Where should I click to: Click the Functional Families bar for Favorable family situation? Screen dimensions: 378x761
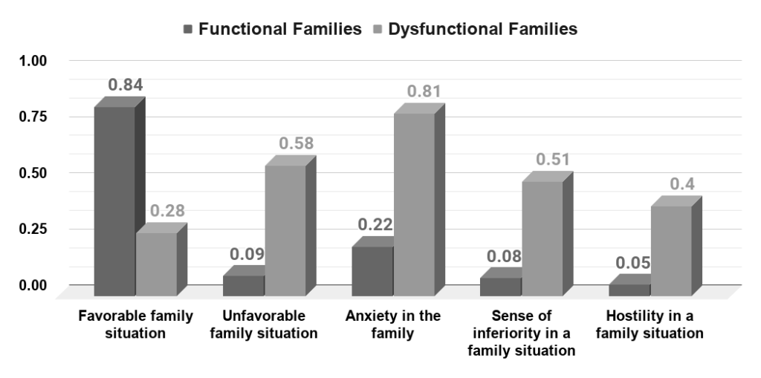tap(114, 201)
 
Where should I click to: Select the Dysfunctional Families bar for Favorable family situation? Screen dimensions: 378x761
tap(156, 264)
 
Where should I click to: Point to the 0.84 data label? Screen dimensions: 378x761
tap(126, 85)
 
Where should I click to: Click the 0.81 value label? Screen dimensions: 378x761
tap(424, 92)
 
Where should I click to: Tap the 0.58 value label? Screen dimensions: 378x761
tap(295, 143)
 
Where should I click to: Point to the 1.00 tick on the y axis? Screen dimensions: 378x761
tap(33, 61)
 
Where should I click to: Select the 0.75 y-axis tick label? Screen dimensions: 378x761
tap(33, 117)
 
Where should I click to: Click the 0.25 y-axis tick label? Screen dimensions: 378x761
tap(33, 229)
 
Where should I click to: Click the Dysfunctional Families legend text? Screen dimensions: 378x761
tap(482, 30)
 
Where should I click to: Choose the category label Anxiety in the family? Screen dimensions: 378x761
tap(393, 325)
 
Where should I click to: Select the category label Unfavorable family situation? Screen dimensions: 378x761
tap(264, 325)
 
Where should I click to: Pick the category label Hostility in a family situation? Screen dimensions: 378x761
tap(655, 325)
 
